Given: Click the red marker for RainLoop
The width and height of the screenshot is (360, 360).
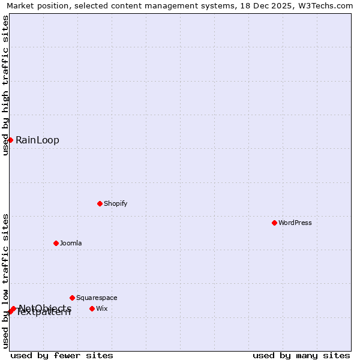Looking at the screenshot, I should click(10, 140).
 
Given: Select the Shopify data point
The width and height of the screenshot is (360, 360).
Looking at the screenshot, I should click(100, 203).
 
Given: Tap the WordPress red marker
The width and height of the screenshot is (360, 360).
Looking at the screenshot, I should click(274, 223).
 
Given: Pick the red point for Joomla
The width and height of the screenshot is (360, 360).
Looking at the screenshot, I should click(56, 243).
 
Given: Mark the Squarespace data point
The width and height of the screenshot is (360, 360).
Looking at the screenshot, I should click(72, 298).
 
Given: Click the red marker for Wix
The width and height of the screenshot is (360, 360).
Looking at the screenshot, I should click(92, 308).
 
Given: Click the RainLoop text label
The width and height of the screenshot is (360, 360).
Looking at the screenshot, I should click(37, 140).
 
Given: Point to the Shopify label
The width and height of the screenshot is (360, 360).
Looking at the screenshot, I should click(115, 203).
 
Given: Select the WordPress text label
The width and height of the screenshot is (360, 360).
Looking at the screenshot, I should click(295, 223).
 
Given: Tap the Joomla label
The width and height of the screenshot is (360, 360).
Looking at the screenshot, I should click(71, 243).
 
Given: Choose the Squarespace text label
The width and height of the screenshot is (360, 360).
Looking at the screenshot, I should click(97, 298).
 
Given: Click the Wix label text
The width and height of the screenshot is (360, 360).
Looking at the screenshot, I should click(102, 308).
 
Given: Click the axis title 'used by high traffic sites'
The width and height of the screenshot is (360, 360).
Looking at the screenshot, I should click(5, 85).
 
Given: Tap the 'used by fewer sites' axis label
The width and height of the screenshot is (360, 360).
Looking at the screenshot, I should click(62, 355).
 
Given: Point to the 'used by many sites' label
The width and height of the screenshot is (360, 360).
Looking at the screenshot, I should click(301, 355).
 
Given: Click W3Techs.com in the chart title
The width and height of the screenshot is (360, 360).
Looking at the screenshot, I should click(327, 6).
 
